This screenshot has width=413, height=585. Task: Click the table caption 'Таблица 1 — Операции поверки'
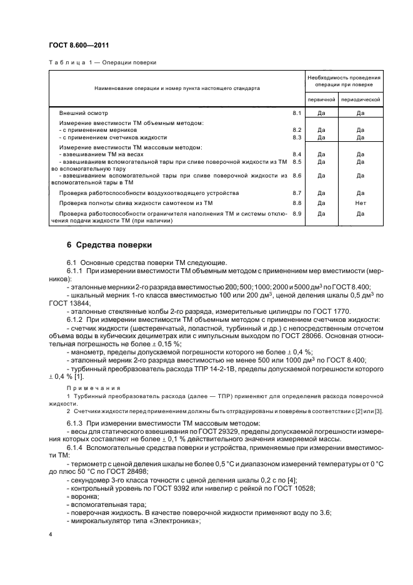(x=102, y=62)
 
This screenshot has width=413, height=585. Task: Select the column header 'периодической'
(x=361, y=99)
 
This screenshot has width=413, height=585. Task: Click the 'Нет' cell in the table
(x=361, y=203)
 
